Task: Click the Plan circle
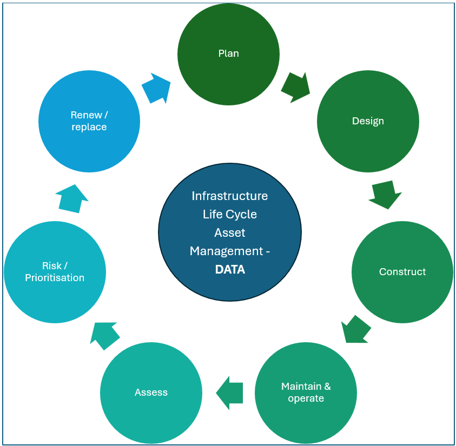coord(228,54)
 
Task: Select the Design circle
coord(368,121)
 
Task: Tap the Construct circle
coord(402,272)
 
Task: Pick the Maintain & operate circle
coord(306,392)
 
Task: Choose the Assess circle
coord(151,392)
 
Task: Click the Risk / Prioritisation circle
coord(55,272)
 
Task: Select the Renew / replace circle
coord(89,121)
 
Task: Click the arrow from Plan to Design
coord(296,87)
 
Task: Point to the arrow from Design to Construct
coord(385,195)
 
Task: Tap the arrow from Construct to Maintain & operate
coord(356,329)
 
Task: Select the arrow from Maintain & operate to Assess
coord(229,392)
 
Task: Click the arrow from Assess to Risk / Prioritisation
coord(104,335)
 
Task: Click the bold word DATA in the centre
coord(230,269)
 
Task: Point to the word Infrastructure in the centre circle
coord(230,196)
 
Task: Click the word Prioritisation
coord(55,278)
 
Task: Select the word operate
coord(306,398)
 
